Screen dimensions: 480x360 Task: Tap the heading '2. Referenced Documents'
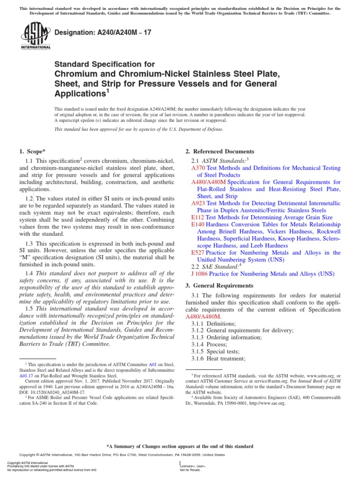(220, 151)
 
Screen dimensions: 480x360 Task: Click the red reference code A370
(198, 167)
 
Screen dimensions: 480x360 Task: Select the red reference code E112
(198, 217)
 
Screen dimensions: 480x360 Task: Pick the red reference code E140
(198, 225)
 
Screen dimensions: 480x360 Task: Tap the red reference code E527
(198, 253)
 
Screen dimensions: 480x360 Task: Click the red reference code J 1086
(200, 274)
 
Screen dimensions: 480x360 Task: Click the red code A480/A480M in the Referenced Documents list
(209, 182)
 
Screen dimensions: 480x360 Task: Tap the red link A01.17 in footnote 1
(26, 375)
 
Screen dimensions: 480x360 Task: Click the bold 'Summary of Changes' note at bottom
(180, 446)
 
